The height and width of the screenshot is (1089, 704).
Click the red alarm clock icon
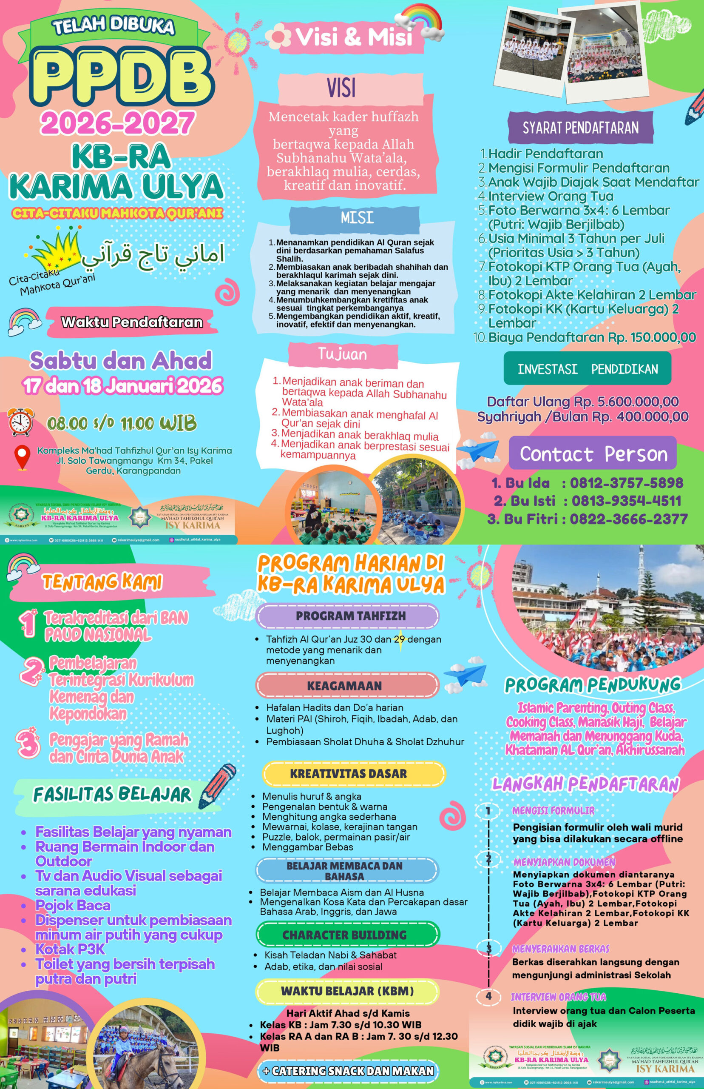click(20, 421)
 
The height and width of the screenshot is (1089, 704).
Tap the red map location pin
click(23, 458)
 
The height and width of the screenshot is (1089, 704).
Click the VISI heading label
click(341, 88)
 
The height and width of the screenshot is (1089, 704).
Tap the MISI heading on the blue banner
click(357, 218)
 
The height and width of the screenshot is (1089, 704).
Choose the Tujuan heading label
click(342, 354)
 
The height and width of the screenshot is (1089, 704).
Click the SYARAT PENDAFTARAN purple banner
click(581, 128)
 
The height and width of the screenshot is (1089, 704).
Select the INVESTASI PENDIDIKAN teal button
click(588, 369)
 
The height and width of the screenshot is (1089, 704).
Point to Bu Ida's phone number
click(626, 482)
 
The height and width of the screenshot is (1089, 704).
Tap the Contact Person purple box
click(593, 454)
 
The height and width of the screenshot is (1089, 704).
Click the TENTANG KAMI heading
click(102, 582)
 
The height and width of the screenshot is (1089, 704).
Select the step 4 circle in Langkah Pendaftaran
click(488, 996)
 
